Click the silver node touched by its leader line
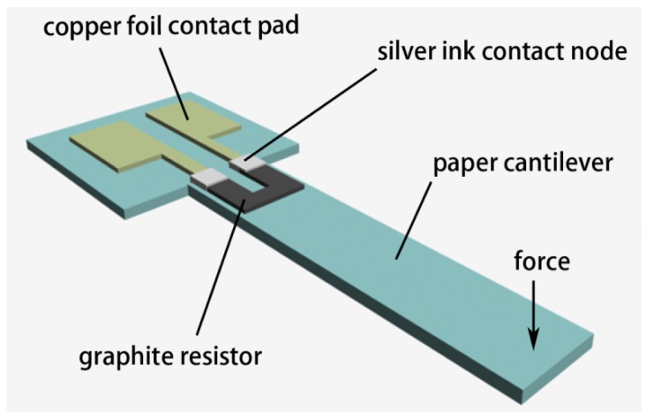[x=245, y=162]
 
